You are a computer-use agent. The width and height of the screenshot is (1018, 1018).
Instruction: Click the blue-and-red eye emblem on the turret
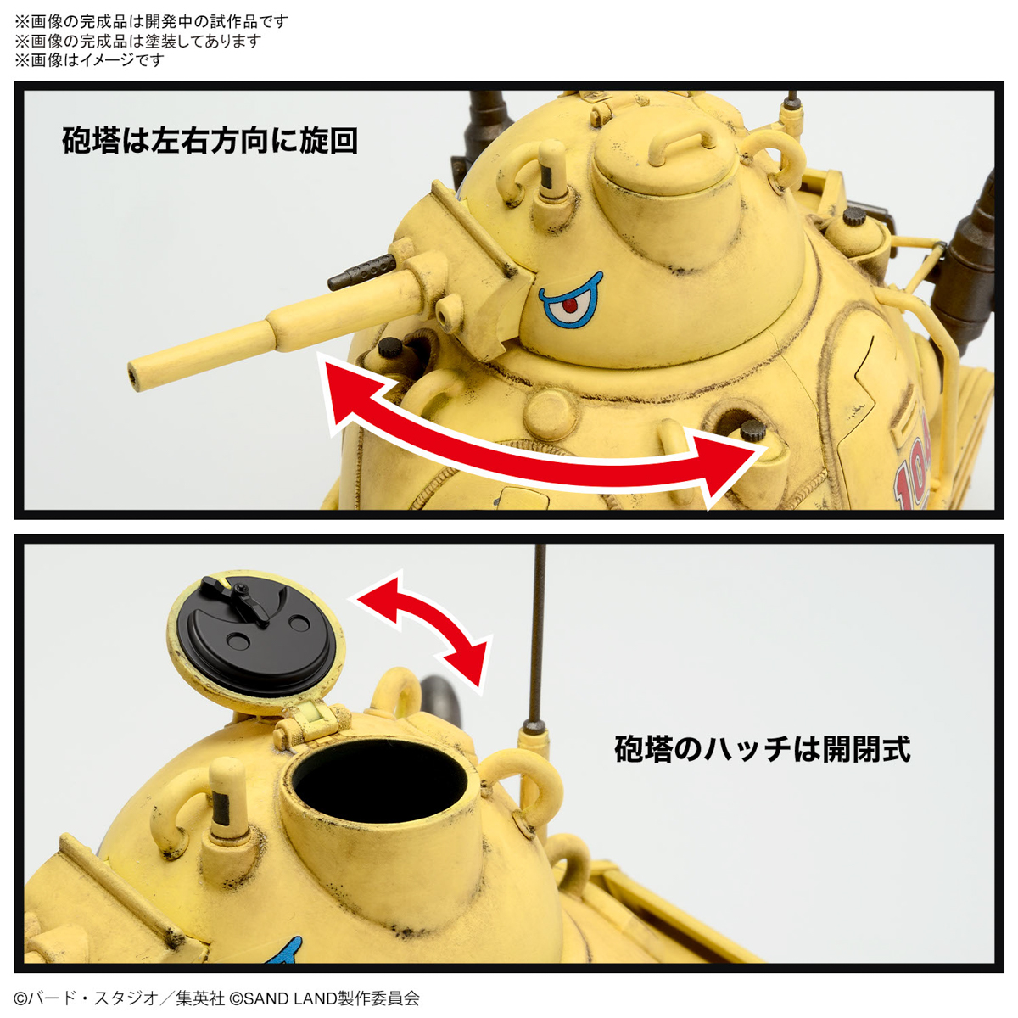coord(570,300)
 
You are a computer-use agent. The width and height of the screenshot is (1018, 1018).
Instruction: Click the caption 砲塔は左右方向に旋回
coord(210,141)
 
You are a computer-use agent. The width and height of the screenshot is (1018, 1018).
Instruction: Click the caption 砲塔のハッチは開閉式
coord(762,749)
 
